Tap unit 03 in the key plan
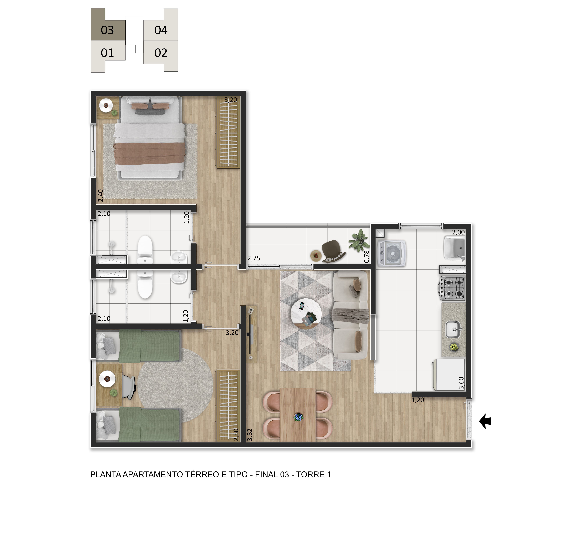pyautogui.click(x=108, y=24)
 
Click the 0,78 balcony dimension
pyautogui.click(x=366, y=257)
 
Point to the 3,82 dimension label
pyautogui.click(x=250, y=435)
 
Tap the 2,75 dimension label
pyautogui.click(x=254, y=258)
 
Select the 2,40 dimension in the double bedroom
pyautogui.click(x=100, y=196)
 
